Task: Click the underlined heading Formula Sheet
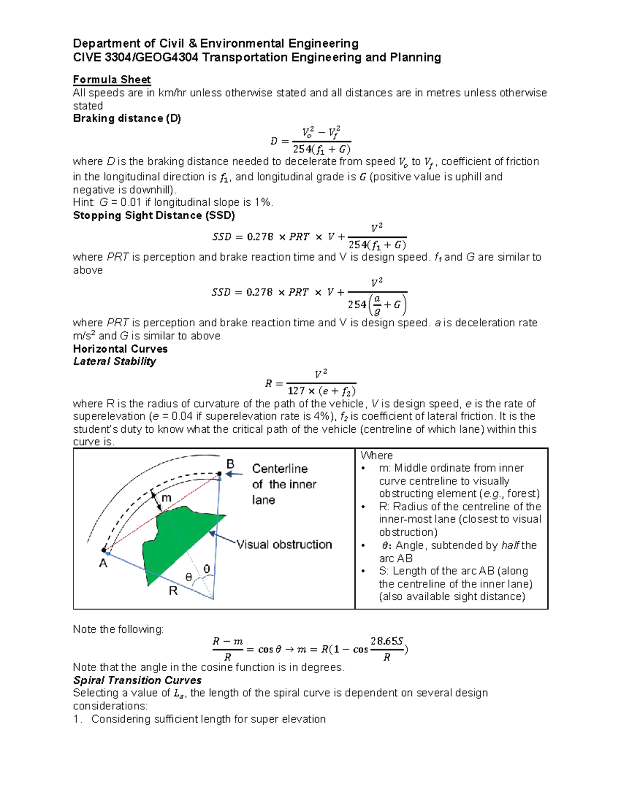pyautogui.click(x=112, y=80)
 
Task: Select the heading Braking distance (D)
pyautogui.click(x=127, y=118)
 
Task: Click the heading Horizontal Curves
pyautogui.click(x=120, y=349)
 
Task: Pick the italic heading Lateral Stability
pyautogui.click(x=114, y=361)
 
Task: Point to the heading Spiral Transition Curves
pyautogui.click(x=137, y=680)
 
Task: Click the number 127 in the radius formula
pyautogui.click(x=297, y=391)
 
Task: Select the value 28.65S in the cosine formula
pyautogui.click(x=386, y=642)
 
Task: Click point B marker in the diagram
pyautogui.click(x=219, y=474)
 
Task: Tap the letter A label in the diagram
pyautogui.click(x=103, y=564)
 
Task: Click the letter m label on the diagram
pyautogui.click(x=167, y=498)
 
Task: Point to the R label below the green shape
pyautogui.click(x=173, y=591)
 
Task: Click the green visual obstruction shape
pyautogui.click(x=176, y=538)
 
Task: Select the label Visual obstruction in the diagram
pyautogui.click(x=284, y=544)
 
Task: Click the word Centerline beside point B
pyautogui.click(x=280, y=469)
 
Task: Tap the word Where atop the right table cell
pyautogui.click(x=376, y=456)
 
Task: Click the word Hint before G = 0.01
pyautogui.click(x=84, y=203)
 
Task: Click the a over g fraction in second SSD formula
pyautogui.click(x=377, y=305)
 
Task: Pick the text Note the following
pyautogui.click(x=118, y=629)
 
